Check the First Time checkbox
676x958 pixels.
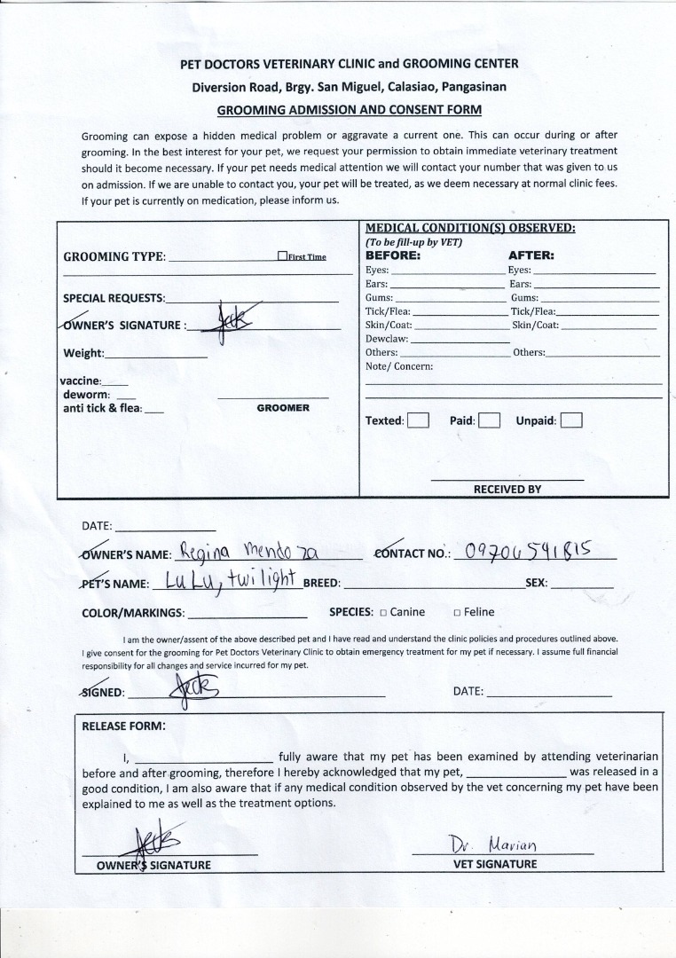tap(282, 256)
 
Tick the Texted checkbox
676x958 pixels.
tap(418, 420)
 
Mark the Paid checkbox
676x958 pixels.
tap(489, 420)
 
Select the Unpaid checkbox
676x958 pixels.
tap(571, 420)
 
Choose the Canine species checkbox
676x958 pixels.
tap(383, 612)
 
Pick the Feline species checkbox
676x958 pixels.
tap(456, 612)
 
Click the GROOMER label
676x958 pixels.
tap(283, 408)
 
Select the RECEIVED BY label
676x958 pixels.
tap(507, 489)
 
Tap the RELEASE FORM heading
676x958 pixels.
tap(123, 726)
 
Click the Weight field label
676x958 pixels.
tap(83, 353)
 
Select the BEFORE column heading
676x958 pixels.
tap(393, 255)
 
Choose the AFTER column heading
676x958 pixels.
tap(531, 255)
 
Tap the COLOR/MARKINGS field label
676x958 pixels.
tap(133, 612)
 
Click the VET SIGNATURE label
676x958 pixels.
tap(495, 863)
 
